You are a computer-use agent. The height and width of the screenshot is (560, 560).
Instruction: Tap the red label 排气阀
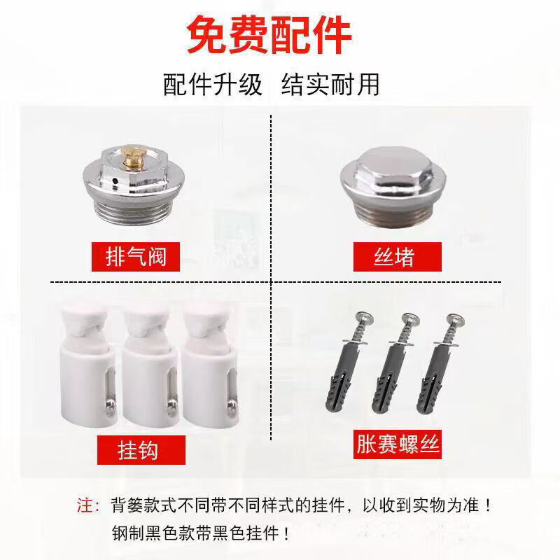[136, 257]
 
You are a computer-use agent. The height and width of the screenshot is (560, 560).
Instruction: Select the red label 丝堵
[398, 257]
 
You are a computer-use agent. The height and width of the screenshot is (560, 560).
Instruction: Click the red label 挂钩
[141, 450]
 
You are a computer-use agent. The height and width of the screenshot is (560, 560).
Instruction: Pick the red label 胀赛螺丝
[398, 444]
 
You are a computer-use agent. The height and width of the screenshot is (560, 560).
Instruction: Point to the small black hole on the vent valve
[115, 181]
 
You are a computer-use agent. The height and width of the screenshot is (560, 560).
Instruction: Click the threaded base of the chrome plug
[393, 215]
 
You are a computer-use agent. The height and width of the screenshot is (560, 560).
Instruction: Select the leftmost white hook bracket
[88, 368]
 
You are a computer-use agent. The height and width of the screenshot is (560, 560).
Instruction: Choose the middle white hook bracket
[150, 368]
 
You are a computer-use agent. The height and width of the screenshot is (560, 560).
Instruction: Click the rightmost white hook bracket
[210, 368]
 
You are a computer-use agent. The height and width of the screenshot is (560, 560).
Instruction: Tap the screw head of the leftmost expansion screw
[363, 318]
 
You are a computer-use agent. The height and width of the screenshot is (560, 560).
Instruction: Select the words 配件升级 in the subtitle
[213, 85]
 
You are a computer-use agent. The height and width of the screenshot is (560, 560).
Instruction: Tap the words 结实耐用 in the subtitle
[330, 85]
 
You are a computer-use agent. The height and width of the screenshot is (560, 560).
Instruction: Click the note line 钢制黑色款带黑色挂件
[200, 533]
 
